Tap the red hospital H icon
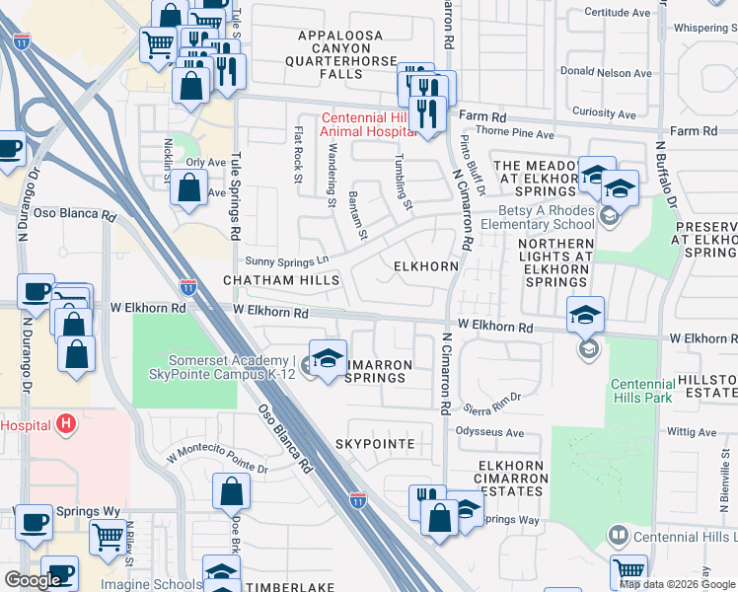[66, 424]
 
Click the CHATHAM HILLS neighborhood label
[281, 281]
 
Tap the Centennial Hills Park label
[641, 391]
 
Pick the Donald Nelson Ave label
[606, 72]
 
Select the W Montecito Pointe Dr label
[216, 461]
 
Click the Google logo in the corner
[32, 580]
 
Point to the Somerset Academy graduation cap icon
[327, 357]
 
